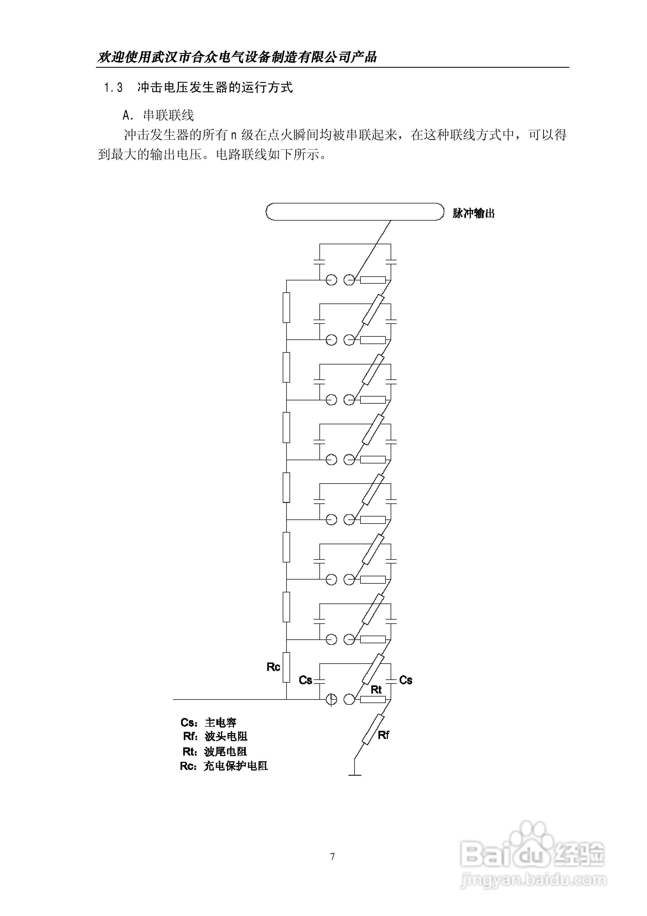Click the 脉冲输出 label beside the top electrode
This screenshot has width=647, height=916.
474,213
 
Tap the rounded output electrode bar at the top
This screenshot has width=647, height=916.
354,211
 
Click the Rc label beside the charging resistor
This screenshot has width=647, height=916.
273,667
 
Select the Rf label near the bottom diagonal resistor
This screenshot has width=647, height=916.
383,735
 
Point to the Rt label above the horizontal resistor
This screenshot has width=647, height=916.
376,689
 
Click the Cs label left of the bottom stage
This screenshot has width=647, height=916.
306,680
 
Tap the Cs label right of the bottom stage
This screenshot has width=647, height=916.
406,680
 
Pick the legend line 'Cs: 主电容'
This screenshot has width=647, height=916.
208,723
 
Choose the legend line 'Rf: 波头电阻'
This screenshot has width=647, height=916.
215,736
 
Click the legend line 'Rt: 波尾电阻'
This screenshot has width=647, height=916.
214,752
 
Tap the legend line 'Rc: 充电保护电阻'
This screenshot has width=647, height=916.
223,766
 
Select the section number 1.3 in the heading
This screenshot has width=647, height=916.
113,87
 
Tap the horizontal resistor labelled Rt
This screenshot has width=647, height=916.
373,699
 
